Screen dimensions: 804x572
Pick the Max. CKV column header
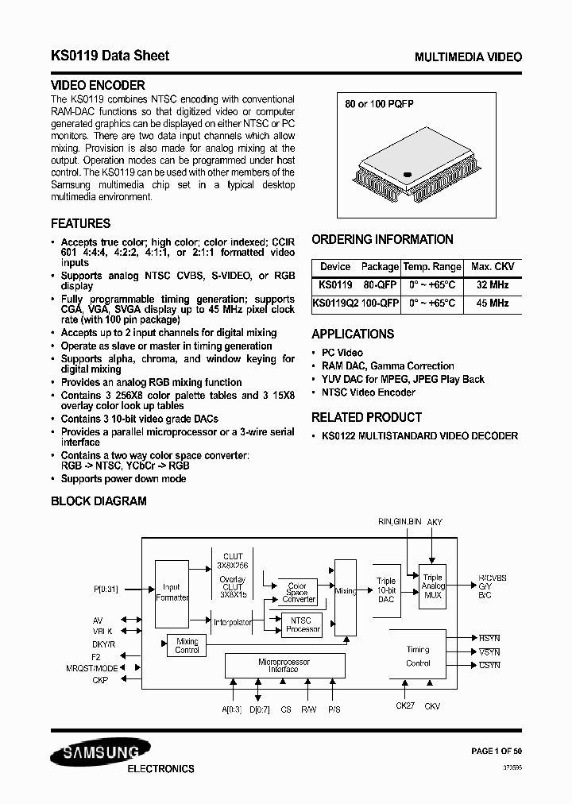pyautogui.click(x=492, y=266)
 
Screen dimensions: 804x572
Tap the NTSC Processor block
pyautogui.click(x=302, y=624)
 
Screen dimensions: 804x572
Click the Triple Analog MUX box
pyautogui.click(x=432, y=586)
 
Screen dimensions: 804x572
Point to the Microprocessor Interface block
pyautogui.click(x=284, y=665)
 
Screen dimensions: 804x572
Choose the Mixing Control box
pyautogui.click(x=187, y=646)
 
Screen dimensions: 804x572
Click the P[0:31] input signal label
pyautogui.click(x=106, y=589)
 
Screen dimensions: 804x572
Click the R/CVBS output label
pyautogui.click(x=493, y=578)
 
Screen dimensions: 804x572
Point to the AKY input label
pyautogui.click(x=435, y=522)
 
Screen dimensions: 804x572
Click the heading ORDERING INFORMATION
pyautogui.click(x=382, y=239)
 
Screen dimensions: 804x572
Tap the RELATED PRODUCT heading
pyautogui.click(x=366, y=417)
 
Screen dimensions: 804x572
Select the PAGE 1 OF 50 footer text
pyautogui.click(x=497, y=751)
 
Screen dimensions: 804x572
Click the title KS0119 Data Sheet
pyautogui.click(x=110, y=56)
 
